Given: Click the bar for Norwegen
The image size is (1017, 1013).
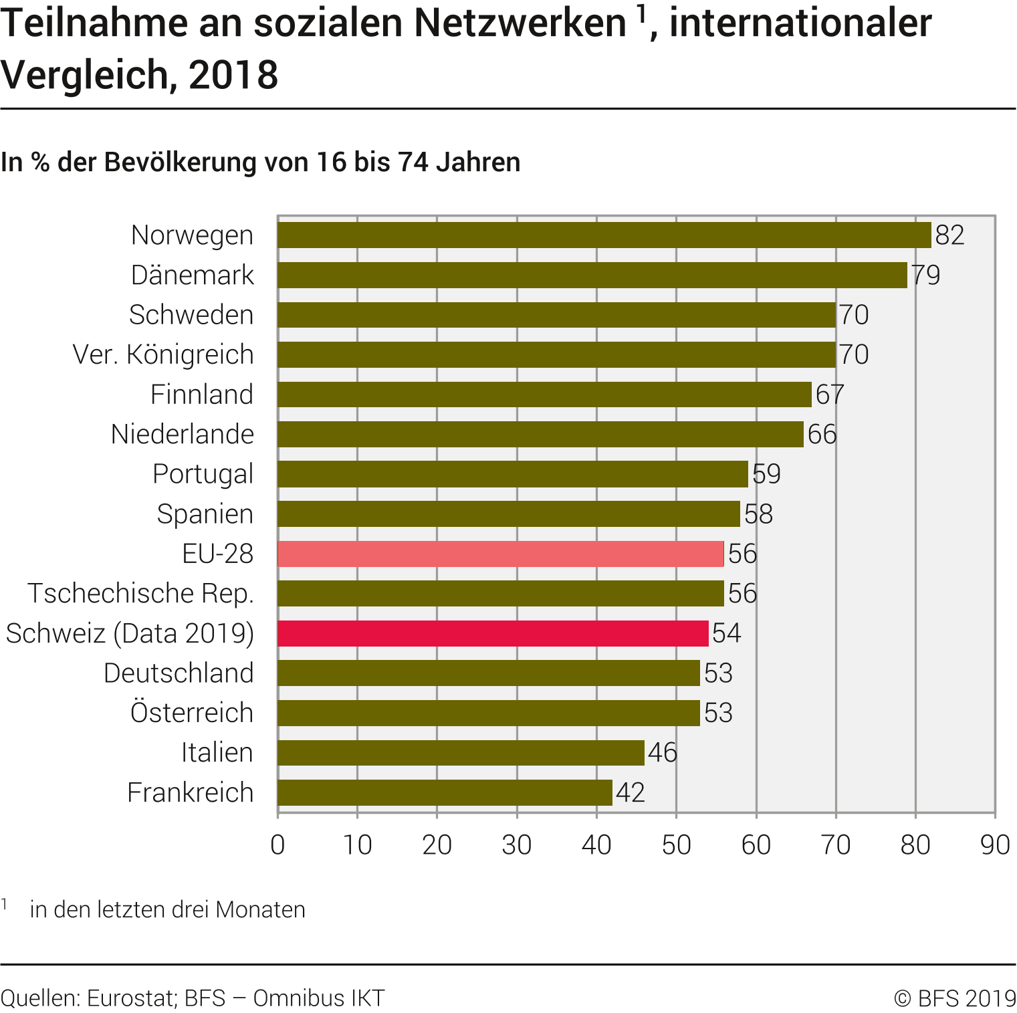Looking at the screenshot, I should click(x=604, y=235).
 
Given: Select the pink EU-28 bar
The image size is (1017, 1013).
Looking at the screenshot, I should click(x=500, y=554).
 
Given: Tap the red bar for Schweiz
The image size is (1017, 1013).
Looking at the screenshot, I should click(x=493, y=633).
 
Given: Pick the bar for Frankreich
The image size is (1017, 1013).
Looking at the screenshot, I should click(x=445, y=792).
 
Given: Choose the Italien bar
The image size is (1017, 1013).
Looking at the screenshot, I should click(x=461, y=753).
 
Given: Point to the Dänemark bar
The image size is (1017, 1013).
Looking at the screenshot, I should click(x=592, y=275).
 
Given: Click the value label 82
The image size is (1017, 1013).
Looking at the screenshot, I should click(x=949, y=235).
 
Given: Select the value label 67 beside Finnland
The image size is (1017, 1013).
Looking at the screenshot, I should click(x=830, y=395).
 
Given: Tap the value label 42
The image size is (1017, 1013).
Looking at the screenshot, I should click(x=630, y=792).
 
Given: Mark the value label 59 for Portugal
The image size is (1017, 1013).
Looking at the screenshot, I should click(x=766, y=474).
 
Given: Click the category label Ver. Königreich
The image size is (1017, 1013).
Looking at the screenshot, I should click(x=163, y=354).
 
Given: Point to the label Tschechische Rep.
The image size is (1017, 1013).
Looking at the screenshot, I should click(x=140, y=594).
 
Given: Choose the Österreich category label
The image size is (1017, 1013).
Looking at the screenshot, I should click(x=192, y=713).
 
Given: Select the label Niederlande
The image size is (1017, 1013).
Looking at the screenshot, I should click(x=183, y=435).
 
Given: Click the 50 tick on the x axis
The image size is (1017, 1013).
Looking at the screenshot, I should click(x=676, y=845).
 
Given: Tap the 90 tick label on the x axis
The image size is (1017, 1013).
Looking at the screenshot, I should click(x=994, y=845).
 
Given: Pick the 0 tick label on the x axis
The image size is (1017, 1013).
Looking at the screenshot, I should click(x=277, y=845).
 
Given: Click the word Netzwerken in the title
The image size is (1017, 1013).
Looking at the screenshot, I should click(x=520, y=23).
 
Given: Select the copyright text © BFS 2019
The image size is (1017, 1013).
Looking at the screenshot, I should click(x=955, y=998).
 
